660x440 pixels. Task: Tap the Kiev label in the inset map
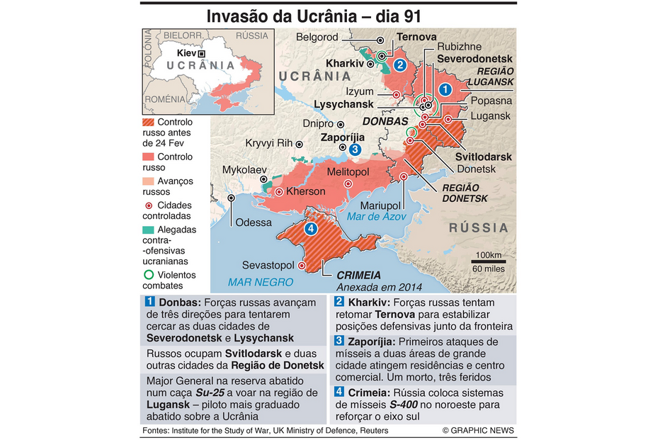186,53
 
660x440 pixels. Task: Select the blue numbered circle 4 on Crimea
309,229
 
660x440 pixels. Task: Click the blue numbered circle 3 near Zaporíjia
355,150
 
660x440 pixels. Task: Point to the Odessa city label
254,222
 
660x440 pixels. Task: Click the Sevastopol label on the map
268,265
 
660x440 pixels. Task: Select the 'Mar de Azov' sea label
375,216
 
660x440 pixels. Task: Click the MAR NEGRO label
261,282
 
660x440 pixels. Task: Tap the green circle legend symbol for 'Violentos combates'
149,275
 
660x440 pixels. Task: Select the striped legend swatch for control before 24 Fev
149,123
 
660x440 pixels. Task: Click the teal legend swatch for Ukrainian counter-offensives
149,230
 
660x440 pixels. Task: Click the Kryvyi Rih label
268,143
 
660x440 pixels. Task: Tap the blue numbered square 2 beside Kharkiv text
339,301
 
